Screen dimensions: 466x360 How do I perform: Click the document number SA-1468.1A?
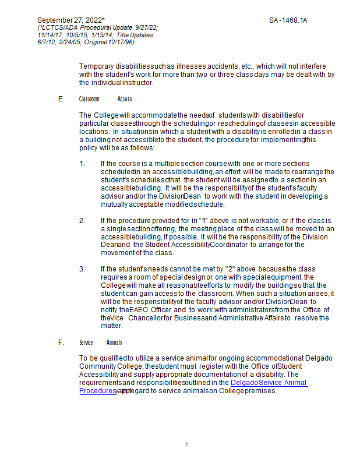[288, 20]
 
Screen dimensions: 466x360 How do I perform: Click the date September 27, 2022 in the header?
[69, 20]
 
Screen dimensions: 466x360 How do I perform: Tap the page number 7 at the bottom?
[186, 444]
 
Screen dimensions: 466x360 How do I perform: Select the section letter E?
[61, 99]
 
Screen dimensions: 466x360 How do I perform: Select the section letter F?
[61, 342]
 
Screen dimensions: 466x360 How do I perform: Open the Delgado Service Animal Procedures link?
[269, 383]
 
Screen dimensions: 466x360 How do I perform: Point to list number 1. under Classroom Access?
[82, 163]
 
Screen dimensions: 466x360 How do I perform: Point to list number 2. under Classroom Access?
[82, 220]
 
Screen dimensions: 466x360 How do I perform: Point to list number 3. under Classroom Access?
[82, 269]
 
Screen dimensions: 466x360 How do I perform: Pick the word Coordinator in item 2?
[229, 245]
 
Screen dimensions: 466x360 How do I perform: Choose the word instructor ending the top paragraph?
[137, 82]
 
